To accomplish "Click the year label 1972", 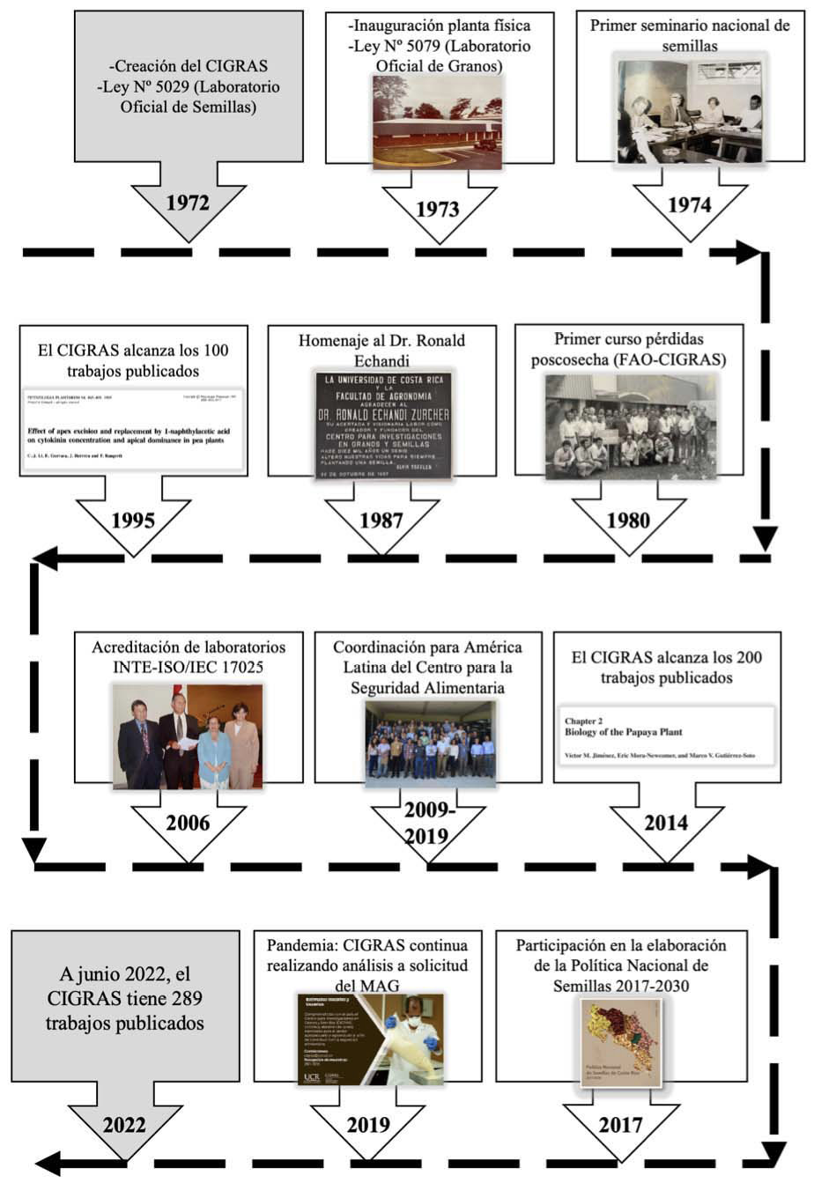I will coord(188,203).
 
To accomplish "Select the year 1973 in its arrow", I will coord(438,209).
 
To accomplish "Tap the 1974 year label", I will coord(689,204).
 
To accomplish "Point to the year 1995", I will coord(133,520).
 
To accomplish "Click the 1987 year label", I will coord(381,520).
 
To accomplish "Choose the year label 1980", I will coord(628,520).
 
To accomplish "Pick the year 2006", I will coord(188,824).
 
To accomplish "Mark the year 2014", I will coord(666,824).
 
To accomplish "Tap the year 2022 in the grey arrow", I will coord(124,1125).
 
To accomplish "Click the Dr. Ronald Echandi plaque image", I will coord(383,425).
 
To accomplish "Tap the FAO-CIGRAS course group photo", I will coord(630,427).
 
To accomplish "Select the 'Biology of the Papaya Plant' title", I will coord(623,732).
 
